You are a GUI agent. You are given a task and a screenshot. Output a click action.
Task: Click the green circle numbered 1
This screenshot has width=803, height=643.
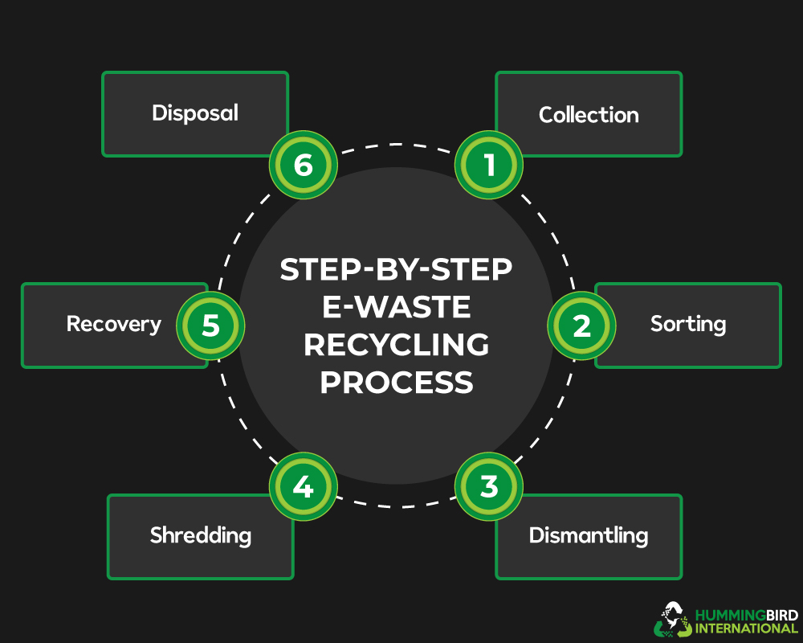[489, 166]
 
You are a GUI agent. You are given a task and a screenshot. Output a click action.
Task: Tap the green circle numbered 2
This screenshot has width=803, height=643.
[581, 326]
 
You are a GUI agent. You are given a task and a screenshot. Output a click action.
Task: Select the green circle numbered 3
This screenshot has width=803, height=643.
[489, 487]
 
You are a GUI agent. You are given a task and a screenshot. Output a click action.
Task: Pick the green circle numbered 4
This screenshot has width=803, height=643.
[303, 487]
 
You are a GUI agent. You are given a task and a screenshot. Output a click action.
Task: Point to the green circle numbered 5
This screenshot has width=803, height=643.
[210, 326]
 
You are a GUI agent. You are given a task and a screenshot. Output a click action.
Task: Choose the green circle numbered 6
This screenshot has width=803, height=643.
[303, 166]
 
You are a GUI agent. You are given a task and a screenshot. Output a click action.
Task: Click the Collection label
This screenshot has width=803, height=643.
[589, 115]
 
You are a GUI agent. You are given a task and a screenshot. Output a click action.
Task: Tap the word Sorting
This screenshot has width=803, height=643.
[688, 324]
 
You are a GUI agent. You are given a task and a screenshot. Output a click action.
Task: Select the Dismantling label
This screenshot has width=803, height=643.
[589, 535]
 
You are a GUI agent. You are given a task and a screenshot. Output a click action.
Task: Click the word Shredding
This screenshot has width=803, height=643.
[201, 535]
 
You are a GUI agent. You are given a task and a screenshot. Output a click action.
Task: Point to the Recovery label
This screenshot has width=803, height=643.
[114, 324]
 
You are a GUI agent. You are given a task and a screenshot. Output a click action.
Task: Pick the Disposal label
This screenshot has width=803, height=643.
[195, 113]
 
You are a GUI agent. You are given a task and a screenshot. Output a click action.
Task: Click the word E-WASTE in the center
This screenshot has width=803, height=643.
[396, 308]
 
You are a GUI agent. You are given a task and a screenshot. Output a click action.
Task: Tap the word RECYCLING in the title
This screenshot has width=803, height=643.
[396, 345]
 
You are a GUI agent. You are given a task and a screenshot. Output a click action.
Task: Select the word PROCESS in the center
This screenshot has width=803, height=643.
[396, 383]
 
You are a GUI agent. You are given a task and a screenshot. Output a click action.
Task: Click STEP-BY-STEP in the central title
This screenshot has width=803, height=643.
[396, 271]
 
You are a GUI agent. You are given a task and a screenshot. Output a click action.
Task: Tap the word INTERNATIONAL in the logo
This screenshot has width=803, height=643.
[746, 629]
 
